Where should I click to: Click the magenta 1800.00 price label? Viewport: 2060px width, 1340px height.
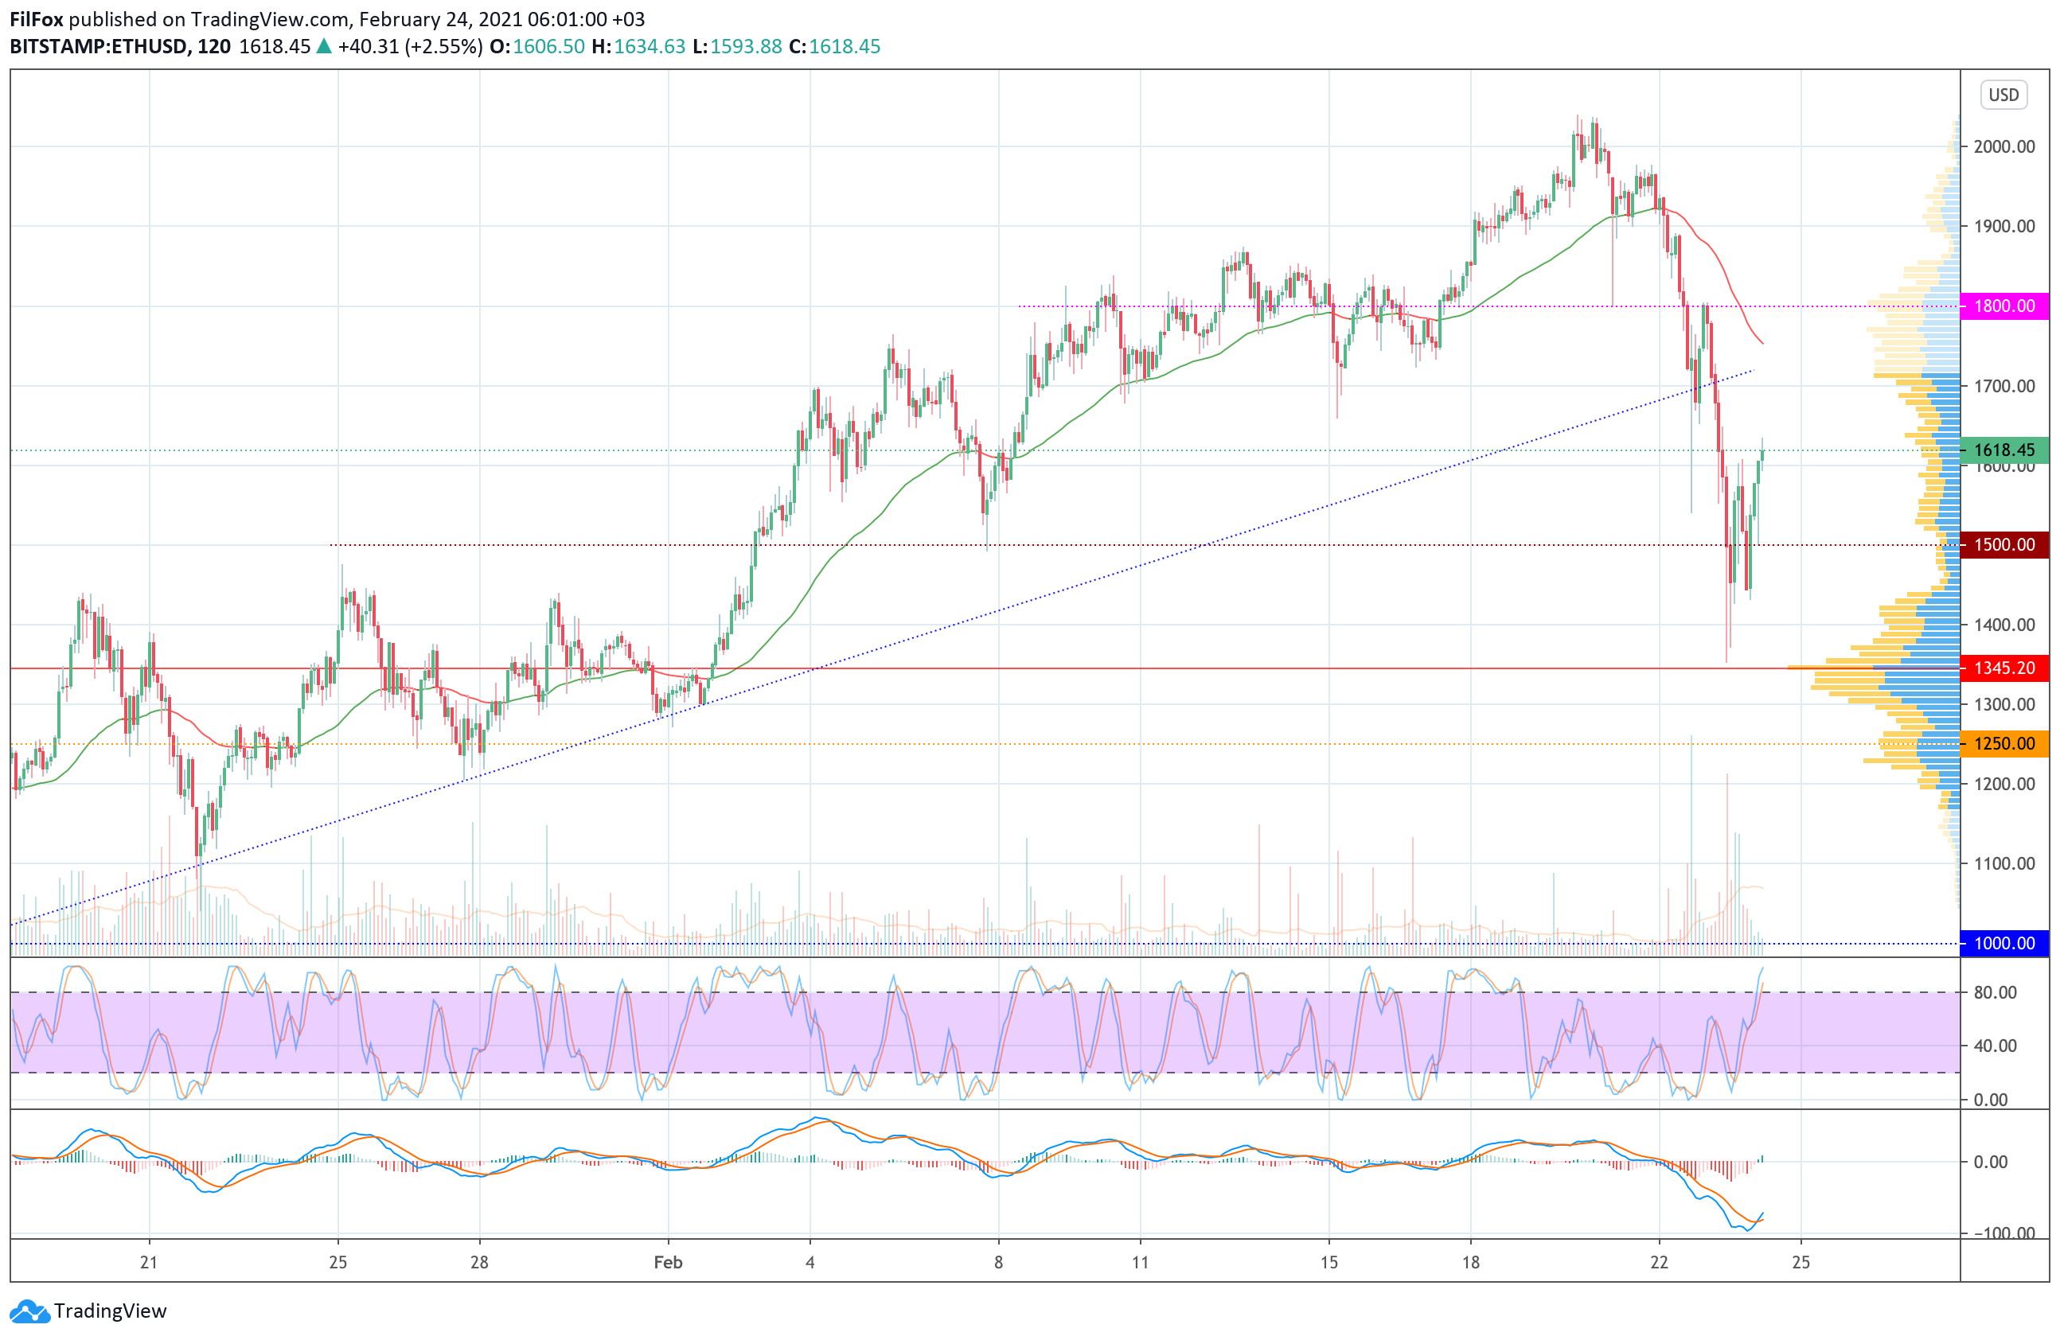coord(2003,306)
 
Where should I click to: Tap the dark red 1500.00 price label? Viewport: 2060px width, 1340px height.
coord(2003,545)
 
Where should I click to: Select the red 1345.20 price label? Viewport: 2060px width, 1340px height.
coord(2003,668)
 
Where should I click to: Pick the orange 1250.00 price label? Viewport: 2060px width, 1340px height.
coord(2003,743)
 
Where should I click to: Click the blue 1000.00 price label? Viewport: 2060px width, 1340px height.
coord(2003,943)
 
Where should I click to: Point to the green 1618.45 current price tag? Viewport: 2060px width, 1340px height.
coord(2003,450)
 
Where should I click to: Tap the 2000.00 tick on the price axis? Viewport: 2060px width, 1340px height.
coord(2003,147)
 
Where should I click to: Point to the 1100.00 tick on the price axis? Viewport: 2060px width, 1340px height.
coord(2003,863)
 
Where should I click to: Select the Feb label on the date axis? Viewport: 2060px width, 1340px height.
coord(668,1262)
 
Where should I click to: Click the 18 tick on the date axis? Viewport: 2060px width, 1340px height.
coord(1470,1262)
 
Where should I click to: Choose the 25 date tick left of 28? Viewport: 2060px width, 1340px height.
coord(337,1262)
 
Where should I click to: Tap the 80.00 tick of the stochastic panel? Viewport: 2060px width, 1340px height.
coord(1995,992)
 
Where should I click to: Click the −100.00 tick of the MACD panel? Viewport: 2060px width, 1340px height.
coord(2000,1233)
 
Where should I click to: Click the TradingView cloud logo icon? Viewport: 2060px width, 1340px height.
coord(30,1311)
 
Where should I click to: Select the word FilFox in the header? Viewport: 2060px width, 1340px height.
coord(37,19)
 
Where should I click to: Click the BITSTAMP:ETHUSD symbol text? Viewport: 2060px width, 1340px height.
coord(99,47)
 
